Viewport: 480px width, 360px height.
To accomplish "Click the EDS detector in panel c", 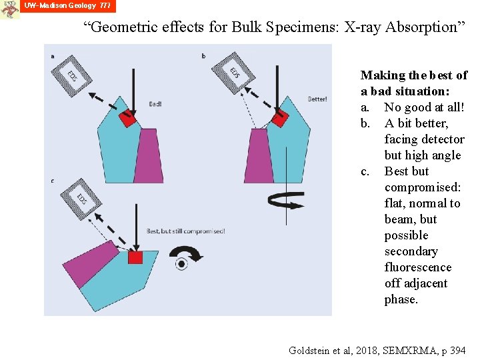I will (79, 199).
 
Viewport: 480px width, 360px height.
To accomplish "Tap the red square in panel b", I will (279, 120).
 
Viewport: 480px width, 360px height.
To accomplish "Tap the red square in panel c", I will (136, 257).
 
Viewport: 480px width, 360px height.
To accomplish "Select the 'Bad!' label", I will (155, 104).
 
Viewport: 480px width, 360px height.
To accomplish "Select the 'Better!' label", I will (317, 99).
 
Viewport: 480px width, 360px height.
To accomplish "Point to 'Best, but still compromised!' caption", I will (185, 231).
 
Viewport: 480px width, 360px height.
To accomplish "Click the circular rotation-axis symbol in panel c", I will (181, 264).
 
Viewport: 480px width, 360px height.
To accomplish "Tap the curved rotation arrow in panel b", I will (285, 198).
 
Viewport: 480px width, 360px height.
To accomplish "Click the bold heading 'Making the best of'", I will (413, 75).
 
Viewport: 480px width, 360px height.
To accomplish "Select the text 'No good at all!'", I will (424, 107).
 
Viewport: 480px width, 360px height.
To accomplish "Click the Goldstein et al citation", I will (377, 350).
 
